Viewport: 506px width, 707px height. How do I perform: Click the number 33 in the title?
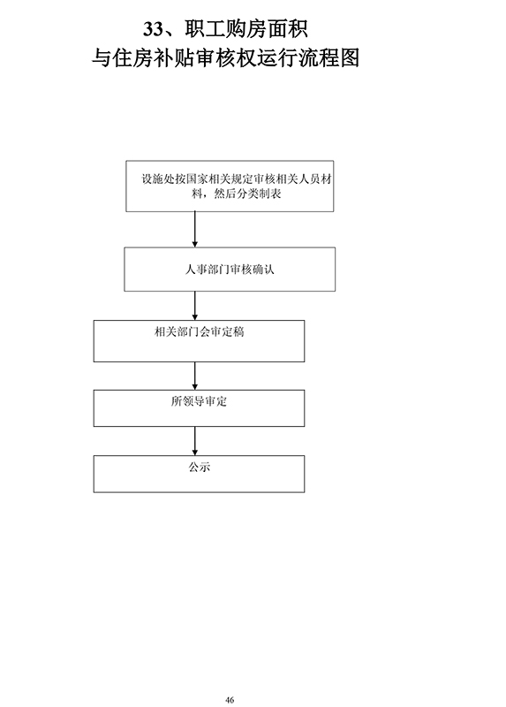[153, 29]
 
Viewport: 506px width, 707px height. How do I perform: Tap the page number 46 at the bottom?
[230, 700]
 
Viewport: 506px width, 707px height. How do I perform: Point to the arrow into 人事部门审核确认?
[195, 230]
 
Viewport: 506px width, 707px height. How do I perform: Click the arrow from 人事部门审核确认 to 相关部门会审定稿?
[195, 306]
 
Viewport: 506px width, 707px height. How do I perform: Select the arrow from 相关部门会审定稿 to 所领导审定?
[195, 376]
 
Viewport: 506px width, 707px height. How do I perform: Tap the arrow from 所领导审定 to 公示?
[195, 441]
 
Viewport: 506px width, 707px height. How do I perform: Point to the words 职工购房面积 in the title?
[246, 29]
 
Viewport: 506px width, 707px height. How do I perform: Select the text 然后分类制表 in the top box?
[247, 194]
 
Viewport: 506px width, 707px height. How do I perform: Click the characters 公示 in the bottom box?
[200, 467]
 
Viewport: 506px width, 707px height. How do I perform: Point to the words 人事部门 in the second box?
[207, 270]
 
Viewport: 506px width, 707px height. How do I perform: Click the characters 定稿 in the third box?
[233, 332]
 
